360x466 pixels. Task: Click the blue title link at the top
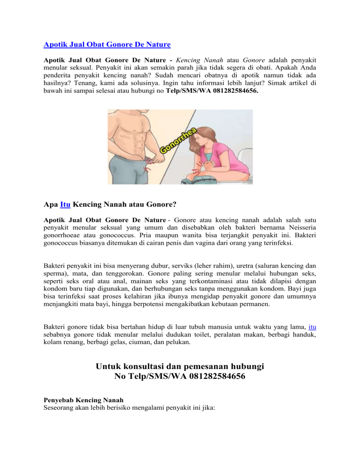click(107, 45)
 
